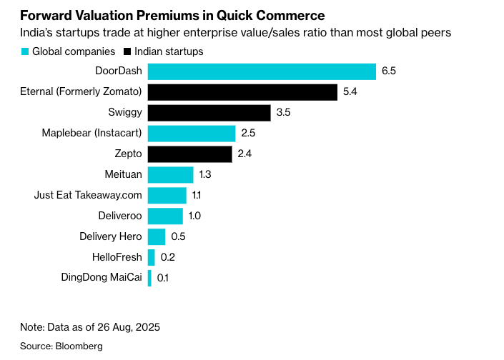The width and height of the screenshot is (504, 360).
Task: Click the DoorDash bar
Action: coord(262,71)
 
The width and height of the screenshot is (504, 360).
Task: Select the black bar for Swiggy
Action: coord(209,113)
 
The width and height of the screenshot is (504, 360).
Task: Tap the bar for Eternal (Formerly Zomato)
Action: coord(242,92)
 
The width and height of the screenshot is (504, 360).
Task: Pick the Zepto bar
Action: coord(189,154)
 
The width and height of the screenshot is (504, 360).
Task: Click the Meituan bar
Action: coord(170,175)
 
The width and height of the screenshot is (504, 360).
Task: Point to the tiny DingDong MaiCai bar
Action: coord(149,278)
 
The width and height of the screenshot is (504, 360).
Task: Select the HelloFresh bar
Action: coord(151,257)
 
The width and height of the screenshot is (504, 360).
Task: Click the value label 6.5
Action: coord(389,71)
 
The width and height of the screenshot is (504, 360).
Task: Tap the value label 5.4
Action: coord(350,92)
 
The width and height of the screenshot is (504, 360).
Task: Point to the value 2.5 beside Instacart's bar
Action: coord(248,134)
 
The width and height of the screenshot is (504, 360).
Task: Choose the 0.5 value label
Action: coord(178,236)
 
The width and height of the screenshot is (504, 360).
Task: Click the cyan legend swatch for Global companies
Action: coord(25,52)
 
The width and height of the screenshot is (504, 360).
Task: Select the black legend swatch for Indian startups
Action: coord(128,52)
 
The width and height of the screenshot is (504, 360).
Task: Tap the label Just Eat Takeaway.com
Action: coord(88,195)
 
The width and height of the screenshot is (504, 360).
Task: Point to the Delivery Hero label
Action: coord(111,236)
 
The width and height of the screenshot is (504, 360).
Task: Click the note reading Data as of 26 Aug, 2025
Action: coord(89,327)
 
